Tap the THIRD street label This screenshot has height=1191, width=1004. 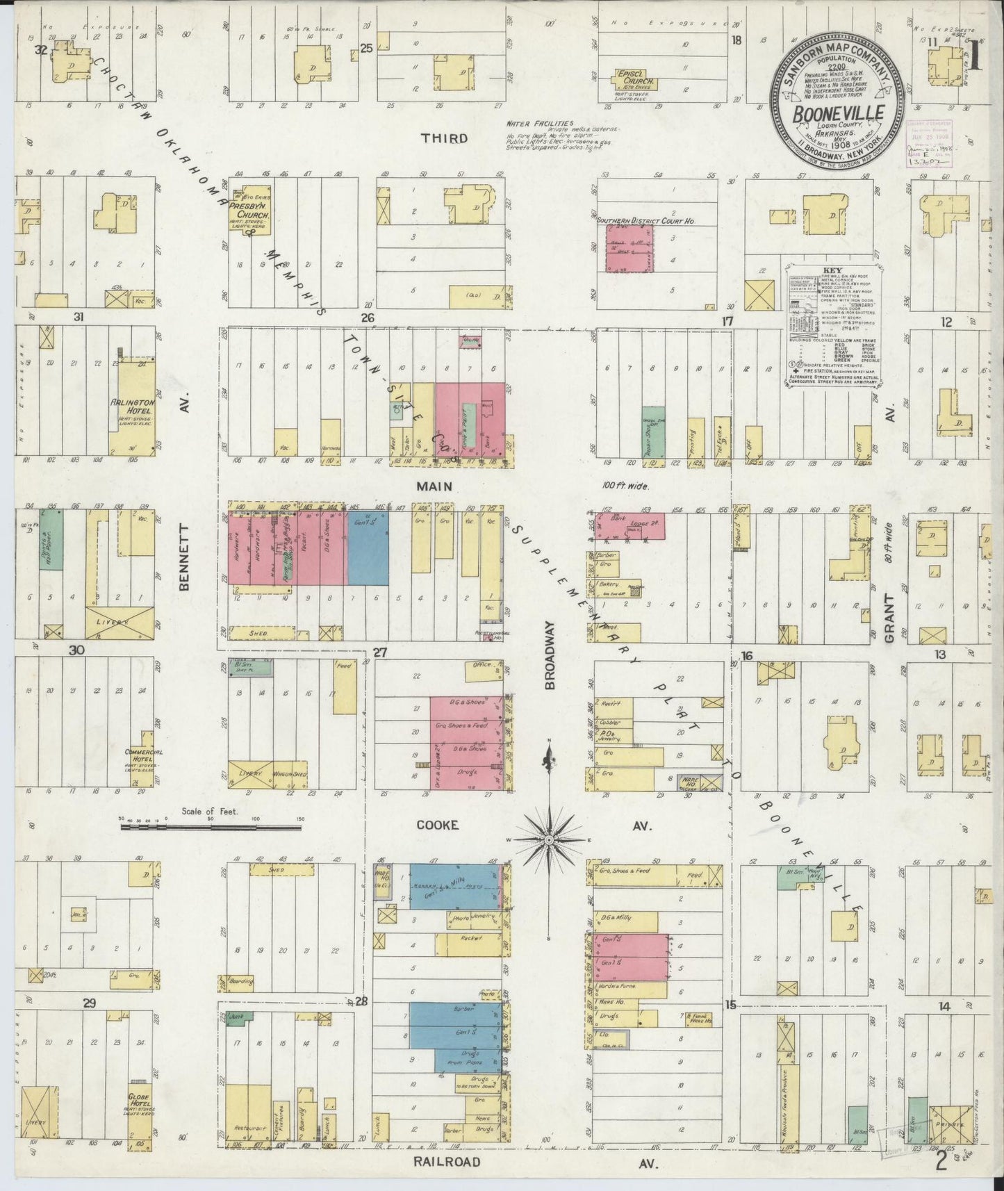click(x=444, y=138)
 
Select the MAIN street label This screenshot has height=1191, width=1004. click(x=434, y=486)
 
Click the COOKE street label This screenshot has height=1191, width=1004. click(x=437, y=825)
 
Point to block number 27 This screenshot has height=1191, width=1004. click(x=379, y=652)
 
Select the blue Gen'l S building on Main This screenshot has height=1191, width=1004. click(x=368, y=548)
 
